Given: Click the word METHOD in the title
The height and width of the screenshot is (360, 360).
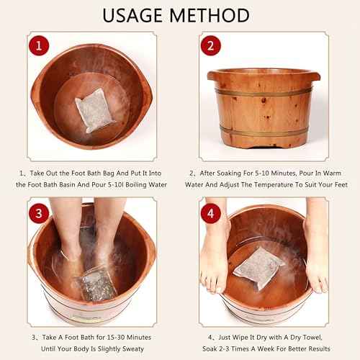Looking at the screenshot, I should tap(212, 15).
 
